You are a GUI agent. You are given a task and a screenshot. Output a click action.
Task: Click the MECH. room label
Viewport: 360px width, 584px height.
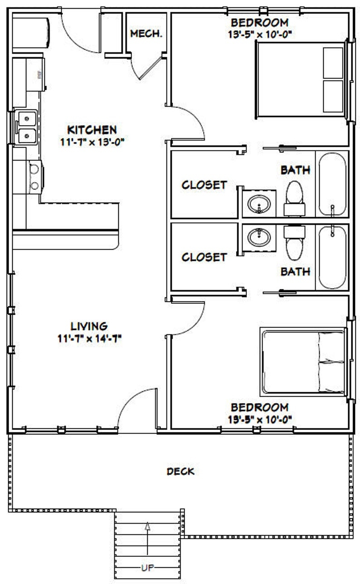146,34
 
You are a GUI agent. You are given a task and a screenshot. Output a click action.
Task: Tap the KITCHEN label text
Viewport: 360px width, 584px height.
92,130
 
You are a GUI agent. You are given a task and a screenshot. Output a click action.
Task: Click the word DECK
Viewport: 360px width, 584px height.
180,472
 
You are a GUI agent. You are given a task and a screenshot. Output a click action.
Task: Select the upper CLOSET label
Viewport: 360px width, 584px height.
204,185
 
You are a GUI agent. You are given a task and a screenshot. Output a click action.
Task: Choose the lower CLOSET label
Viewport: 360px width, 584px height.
204,257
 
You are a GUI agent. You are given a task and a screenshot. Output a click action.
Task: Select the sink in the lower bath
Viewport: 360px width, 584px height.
259,237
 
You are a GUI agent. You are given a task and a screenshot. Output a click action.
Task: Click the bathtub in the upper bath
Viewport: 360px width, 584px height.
332,184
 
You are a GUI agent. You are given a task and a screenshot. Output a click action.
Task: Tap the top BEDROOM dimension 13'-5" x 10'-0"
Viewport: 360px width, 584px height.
259,34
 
